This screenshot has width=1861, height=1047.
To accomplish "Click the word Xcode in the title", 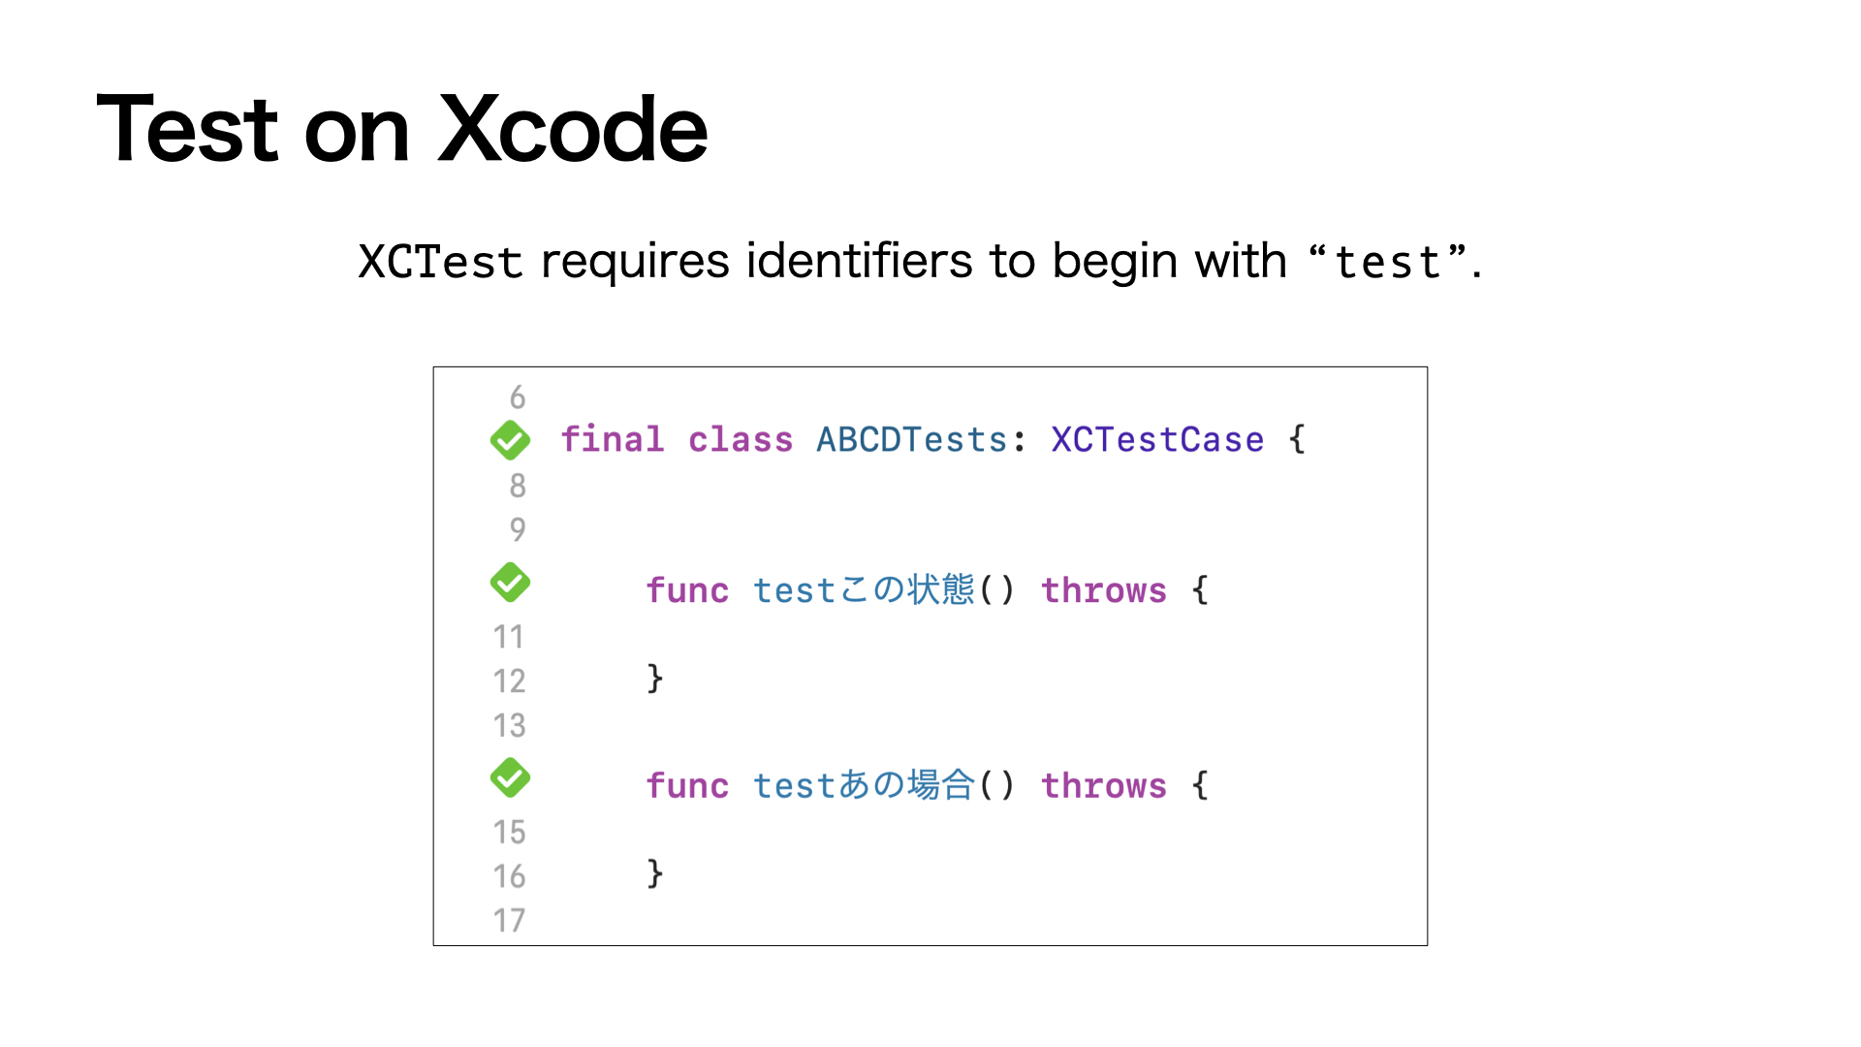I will pos(573,129).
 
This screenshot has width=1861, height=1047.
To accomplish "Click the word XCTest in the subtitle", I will pos(440,262).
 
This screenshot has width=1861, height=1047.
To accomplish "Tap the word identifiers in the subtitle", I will pos(859,261).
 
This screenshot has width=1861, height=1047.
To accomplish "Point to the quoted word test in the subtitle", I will pos(1388,263).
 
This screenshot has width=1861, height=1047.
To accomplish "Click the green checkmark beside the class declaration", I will pos(510,440).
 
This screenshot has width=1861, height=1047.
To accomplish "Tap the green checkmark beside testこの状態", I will pos(510,583).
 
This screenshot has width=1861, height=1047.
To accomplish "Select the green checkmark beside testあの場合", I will pos(510,777).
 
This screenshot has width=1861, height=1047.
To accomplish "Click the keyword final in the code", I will pos(613,440).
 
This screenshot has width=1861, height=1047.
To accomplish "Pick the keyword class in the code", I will pos(741,440).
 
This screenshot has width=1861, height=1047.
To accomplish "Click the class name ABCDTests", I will pos(911,440).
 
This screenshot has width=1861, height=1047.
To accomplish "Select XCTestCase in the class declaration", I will pos(1157,440).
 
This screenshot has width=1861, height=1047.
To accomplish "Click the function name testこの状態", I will pos(864,590).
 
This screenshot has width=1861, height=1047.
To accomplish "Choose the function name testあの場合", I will pos(864,785).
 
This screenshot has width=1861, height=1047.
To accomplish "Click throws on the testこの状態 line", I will pos(1104,590).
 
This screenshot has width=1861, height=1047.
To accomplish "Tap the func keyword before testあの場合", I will pos(687,785).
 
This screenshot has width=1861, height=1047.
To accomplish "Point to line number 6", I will pos(518,397).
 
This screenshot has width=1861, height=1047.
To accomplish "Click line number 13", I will pos(509,725).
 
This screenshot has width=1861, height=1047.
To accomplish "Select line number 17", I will pos(509,920).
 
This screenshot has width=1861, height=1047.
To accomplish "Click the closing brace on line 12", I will pos(655,679).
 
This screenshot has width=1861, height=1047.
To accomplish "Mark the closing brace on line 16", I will pos(655,873).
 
